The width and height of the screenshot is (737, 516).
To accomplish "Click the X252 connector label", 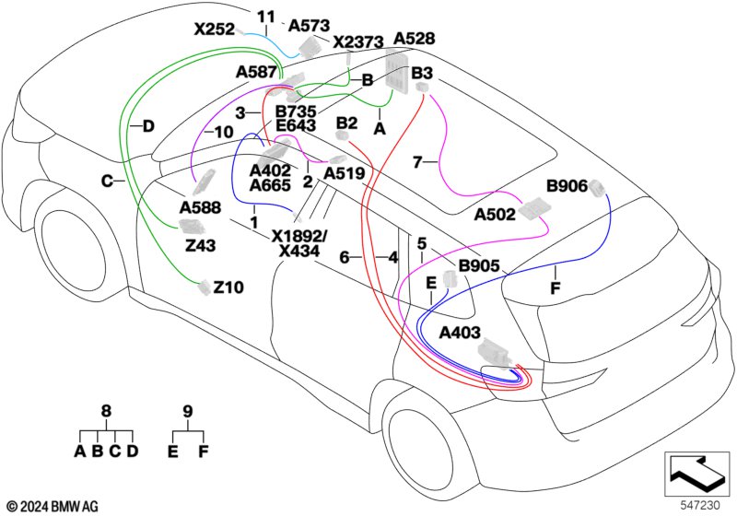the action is (x=215, y=29).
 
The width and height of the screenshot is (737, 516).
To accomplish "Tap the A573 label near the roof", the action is (x=309, y=26).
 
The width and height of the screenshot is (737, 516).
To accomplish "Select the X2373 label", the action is (x=358, y=42).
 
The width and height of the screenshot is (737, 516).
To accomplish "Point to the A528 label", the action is (x=414, y=39).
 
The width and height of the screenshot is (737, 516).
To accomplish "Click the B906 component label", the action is (x=567, y=186).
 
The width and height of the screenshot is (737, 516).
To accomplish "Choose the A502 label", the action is (x=495, y=215).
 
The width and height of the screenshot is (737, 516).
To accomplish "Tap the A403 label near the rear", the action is (x=460, y=333).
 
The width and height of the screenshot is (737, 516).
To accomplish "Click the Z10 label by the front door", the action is (x=228, y=287).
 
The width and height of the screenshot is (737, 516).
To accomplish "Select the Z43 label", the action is (x=200, y=245).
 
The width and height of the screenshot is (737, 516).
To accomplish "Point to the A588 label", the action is (x=200, y=207).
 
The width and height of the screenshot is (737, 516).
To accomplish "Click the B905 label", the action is (x=479, y=266).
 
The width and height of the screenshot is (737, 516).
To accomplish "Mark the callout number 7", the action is (x=417, y=162).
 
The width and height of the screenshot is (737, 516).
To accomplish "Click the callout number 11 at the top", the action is (x=265, y=18).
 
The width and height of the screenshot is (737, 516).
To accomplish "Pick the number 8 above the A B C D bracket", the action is (x=107, y=411).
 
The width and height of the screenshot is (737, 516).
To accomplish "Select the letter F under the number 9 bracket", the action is (x=203, y=451).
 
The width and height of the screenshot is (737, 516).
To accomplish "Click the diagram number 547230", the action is (x=700, y=506).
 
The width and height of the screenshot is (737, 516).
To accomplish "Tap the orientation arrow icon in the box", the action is (x=697, y=475).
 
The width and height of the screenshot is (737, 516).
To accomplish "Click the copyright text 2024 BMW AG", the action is (x=53, y=506).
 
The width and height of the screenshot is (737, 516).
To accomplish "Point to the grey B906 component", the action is (x=597, y=189).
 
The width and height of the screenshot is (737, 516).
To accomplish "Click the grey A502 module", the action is (x=533, y=208).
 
